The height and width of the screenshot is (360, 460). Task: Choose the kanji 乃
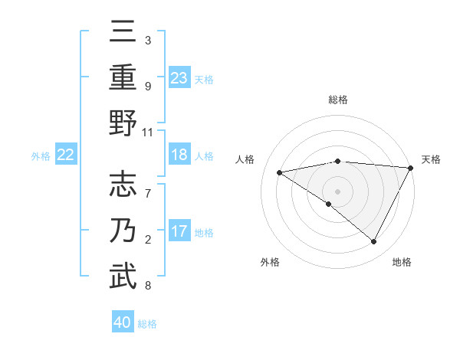tap(123, 232)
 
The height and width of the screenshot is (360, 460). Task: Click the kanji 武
tap(123, 277)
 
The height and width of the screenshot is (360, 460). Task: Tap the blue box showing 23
tap(179, 77)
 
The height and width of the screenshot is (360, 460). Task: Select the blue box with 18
tap(179, 155)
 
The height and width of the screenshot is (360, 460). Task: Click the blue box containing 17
tap(179, 231)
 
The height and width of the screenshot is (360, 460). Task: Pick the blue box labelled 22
tap(66, 155)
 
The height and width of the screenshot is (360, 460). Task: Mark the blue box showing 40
tap(123, 322)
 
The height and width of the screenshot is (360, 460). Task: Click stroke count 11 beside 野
tap(149, 132)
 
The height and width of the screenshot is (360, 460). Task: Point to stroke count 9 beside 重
tap(148, 87)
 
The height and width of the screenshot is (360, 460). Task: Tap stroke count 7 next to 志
tap(148, 186)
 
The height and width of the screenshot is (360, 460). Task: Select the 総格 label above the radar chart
tap(338, 100)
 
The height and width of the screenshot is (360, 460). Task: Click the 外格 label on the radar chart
tap(270, 262)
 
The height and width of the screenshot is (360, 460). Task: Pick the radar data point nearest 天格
tap(411, 169)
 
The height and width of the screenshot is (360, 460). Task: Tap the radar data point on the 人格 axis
tap(280, 172)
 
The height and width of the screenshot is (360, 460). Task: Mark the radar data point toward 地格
tap(374, 242)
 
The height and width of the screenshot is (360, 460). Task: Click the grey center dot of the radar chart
tap(337, 190)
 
